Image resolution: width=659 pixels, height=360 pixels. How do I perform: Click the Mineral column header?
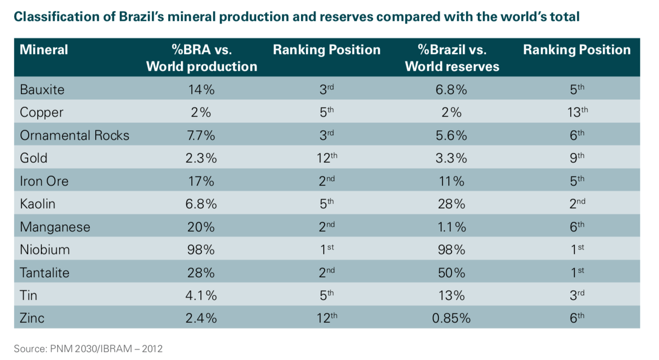(x=44, y=49)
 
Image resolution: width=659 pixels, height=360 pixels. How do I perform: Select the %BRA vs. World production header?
(x=202, y=58)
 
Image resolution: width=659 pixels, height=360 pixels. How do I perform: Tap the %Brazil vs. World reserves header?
(x=452, y=58)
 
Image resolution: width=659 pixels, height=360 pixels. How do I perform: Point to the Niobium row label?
(x=44, y=250)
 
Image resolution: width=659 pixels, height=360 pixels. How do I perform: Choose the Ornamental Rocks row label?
(x=74, y=135)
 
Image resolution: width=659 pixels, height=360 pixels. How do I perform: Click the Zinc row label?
(x=32, y=318)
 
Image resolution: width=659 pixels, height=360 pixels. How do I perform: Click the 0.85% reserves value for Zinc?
(x=451, y=318)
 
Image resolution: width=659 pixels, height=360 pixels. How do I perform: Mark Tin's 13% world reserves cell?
(x=451, y=296)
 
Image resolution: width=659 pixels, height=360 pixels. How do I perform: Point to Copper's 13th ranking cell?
(x=577, y=112)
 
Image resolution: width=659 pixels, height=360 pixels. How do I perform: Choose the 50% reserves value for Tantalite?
(x=451, y=272)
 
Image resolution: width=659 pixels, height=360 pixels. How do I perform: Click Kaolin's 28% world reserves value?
(x=451, y=204)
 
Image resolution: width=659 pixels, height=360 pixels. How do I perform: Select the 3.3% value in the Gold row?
(x=451, y=158)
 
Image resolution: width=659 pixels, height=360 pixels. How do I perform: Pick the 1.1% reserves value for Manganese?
(x=451, y=227)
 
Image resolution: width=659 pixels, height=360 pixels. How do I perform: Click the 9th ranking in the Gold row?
(x=577, y=158)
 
